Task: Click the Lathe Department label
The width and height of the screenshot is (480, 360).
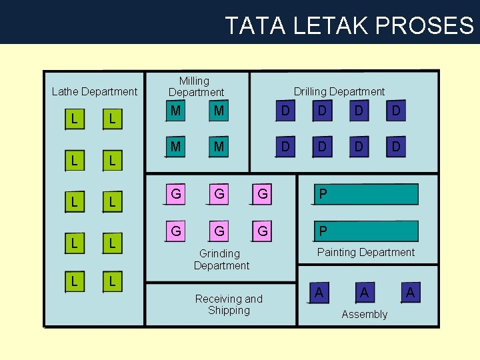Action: [x=94, y=91]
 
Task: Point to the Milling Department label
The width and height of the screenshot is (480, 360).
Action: [x=196, y=87]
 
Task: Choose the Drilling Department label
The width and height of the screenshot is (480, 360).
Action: [x=339, y=91]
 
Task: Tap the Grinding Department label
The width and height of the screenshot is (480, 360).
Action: [x=221, y=259]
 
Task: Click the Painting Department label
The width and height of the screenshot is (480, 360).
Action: [x=365, y=252]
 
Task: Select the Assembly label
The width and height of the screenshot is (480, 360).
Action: [x=364, y=314]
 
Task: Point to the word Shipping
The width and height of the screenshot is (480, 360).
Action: [x=229, y=310]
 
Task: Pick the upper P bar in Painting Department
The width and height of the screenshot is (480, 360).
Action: [x=366, y=194]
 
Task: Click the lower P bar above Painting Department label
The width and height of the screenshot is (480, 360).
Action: [x=366, y=231]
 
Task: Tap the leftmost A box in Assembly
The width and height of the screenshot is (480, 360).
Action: [x=319, y=293]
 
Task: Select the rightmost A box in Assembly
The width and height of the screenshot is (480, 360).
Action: [x=410, y=293]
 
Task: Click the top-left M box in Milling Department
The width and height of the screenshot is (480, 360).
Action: [x=175, y=111]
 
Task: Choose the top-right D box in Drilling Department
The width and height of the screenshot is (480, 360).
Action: [x=396, y=111]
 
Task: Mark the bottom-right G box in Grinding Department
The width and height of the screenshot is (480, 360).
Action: [x=263, y=231]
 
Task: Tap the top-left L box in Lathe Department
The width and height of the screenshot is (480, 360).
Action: [x=74, y=119]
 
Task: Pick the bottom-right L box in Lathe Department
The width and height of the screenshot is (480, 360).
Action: [x=112, y=281]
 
